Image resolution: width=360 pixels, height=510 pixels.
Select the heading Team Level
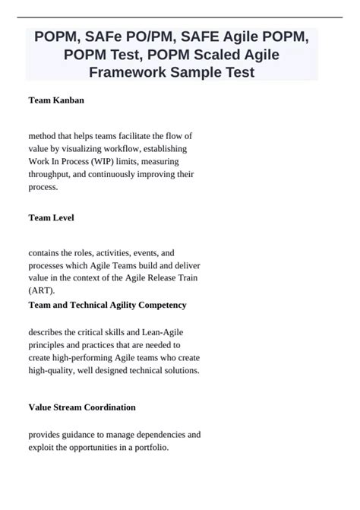coord(51,217)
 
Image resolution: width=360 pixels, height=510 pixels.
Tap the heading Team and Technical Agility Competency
coord(107,305)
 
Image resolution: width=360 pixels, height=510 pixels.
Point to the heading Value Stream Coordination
coord(82,407)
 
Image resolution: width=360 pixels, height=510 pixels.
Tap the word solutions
coord(178,371)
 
